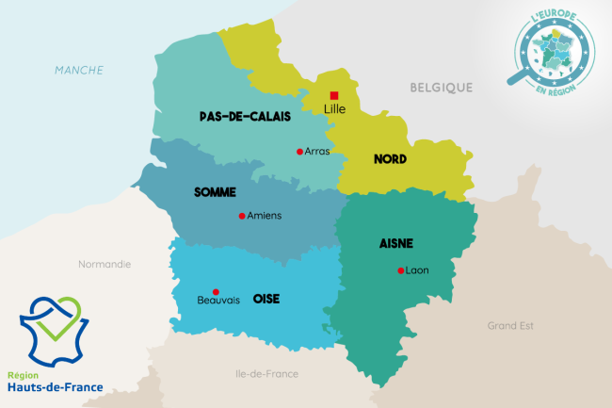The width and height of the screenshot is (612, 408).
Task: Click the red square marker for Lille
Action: tap(334, 95)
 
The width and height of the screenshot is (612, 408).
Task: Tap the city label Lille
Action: tap(334, 109)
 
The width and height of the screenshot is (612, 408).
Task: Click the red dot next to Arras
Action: tap(299, 151)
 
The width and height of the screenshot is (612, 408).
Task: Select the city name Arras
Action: tap(317, 151)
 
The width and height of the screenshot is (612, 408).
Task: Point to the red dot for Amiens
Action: tap(242, 215)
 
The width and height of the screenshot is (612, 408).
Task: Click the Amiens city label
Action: tap(264, 215)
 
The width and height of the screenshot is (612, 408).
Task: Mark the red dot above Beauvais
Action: tap(216, 291)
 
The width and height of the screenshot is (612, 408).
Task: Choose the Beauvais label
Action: tap(218, 301)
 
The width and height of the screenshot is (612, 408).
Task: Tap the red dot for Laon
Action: tap(400, 270)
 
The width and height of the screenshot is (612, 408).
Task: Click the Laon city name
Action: tap(417, 270)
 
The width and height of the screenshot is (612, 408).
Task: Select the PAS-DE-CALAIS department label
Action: tap(245, 117)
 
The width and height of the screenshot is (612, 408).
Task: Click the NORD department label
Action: tap(390, 159)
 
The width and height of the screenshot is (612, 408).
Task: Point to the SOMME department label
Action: tap(215, 192)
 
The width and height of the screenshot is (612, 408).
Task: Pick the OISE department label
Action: tap(266, 299)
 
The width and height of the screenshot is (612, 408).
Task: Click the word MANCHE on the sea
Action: tap(79, 70)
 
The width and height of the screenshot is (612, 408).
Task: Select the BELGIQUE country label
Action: tap(441, 88)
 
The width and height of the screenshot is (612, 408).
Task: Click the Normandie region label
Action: tap(105, 264)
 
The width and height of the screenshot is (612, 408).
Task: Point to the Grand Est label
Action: tap(510, 325)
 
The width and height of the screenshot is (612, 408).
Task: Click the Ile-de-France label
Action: tap(266, 374)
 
